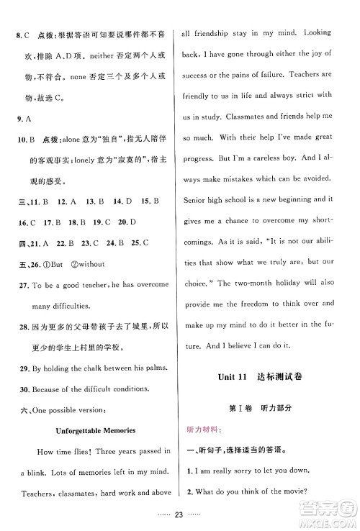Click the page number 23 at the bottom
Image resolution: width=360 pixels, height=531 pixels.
pos(179,516)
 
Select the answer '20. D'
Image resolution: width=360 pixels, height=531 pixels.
pos(127,203)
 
